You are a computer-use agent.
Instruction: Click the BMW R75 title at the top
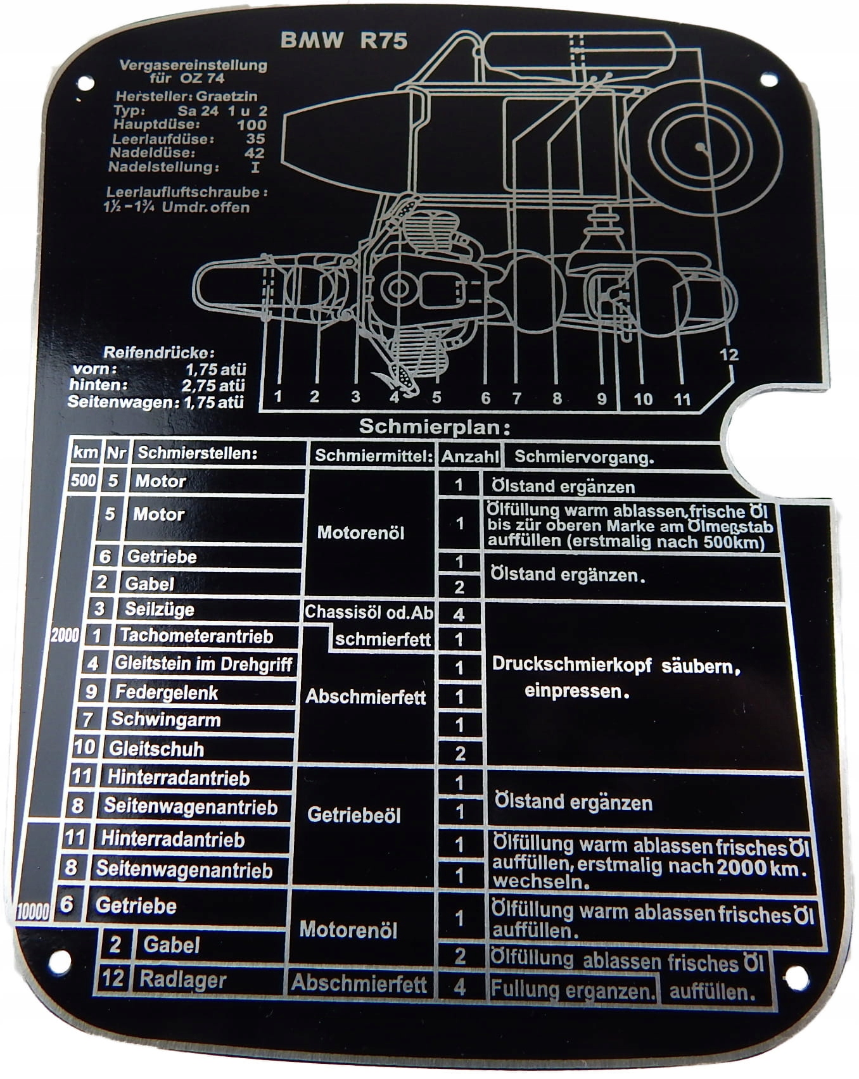click(x=343, y=41)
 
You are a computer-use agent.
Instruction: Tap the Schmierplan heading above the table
click(x=434, y=426)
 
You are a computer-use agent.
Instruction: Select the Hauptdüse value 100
click(x=251, y=125)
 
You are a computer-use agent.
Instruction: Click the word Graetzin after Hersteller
click(x=227, y=96)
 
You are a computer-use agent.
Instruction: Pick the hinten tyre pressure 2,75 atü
click(x=213, y=385)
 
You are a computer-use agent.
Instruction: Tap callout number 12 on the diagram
click(x=729, y=355)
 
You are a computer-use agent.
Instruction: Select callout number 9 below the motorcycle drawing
click(x=601, y=398)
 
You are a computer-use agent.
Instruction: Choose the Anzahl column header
click(x=470, y=456)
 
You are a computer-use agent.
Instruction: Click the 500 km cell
click(x=83, y=480)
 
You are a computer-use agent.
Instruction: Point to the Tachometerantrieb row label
click(x=196, y=636)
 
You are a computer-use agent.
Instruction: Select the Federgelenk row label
click(x=166, y=692)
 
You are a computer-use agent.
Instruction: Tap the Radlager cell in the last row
click(x=182, y=980)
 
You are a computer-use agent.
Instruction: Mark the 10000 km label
click(x=32, y=912)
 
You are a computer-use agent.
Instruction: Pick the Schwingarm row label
click(x=166, y=720)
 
